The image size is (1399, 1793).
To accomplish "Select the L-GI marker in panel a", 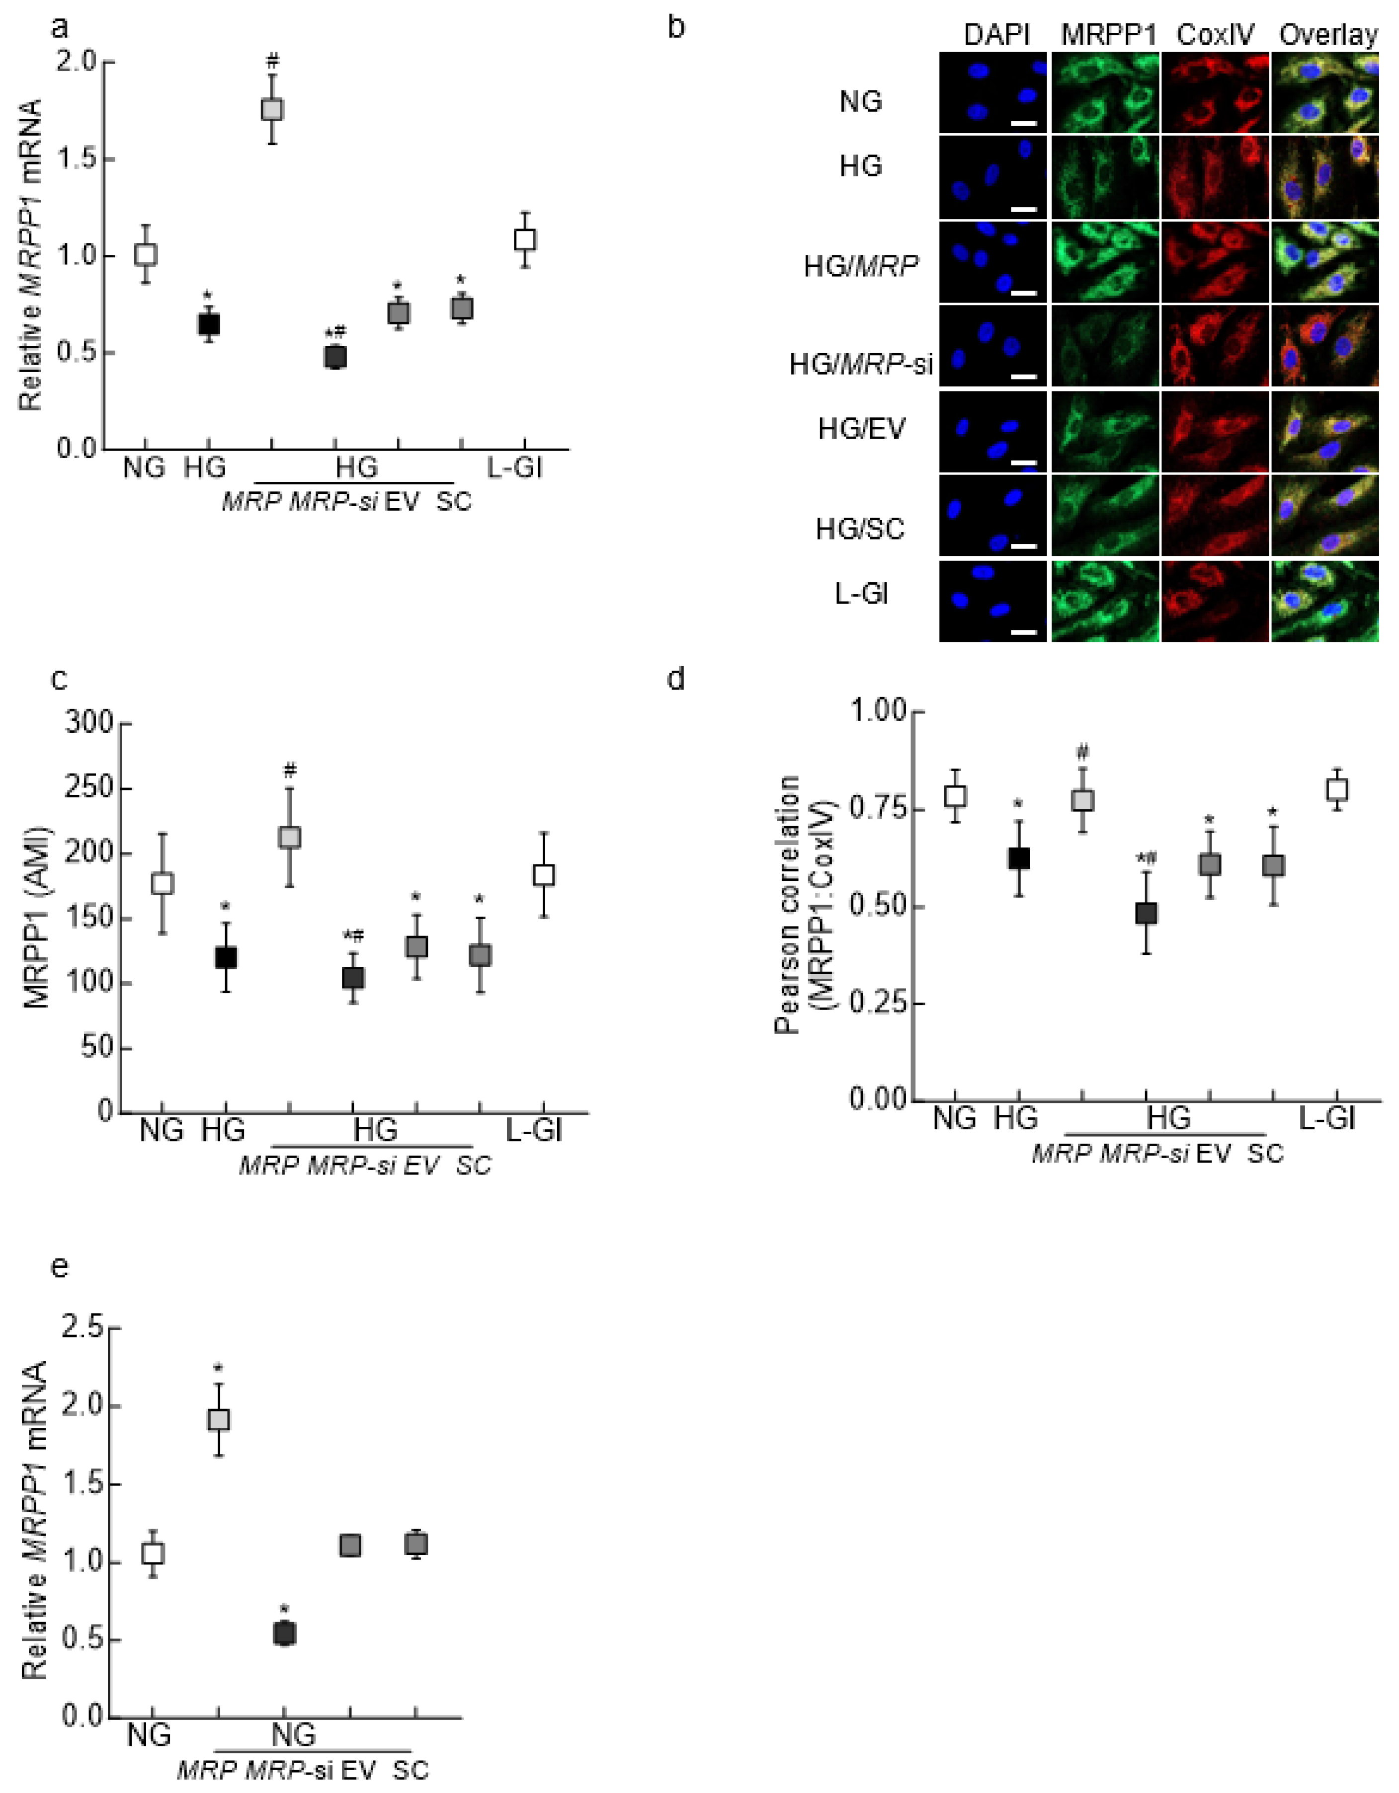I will [x=525, y=240].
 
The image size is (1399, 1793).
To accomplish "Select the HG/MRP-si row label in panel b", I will [x=860, y=363].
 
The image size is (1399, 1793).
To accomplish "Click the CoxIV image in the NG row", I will [x=1215, y=93].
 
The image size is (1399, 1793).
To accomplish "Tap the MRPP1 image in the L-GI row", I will [x=1105, y=600].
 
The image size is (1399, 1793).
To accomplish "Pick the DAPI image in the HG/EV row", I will [x=993, y=432].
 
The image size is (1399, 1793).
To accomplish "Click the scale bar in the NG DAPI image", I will [x=1025, y=124].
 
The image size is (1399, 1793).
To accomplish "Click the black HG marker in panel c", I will [x=226, y=957].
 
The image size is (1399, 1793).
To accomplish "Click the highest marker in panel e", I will [x=218, y=1419].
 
